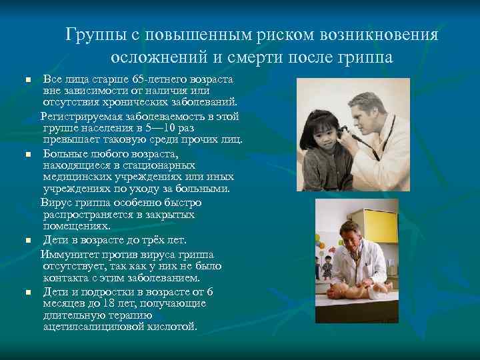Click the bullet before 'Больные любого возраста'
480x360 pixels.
[28, 154]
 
